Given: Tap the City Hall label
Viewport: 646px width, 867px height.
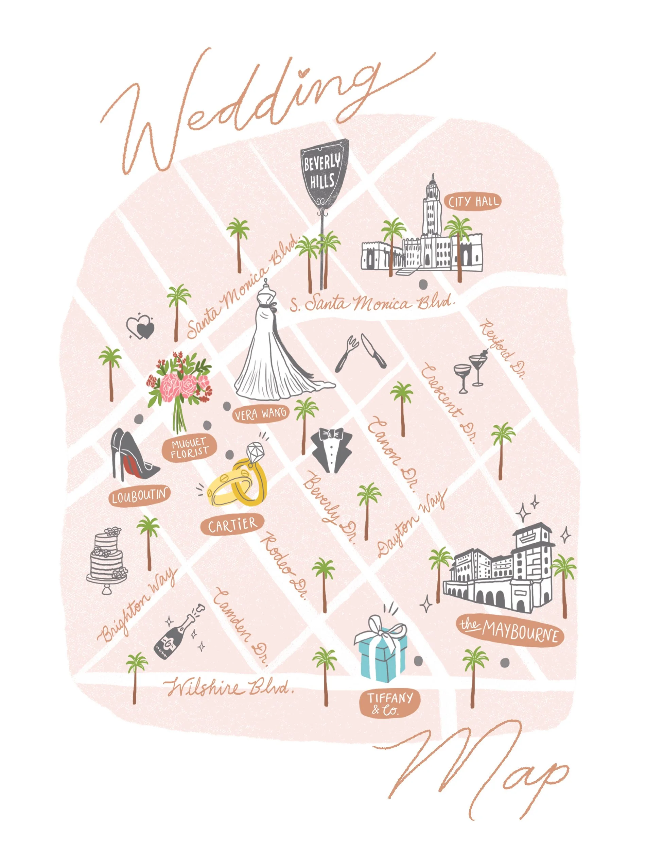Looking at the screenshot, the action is click(x=473, y=202).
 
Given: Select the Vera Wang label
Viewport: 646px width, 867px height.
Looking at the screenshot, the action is click(x=260, y=414).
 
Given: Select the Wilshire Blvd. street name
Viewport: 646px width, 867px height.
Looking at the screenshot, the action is click(x=229, y=687).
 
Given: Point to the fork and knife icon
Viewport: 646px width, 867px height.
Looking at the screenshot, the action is click(x=360, y=353).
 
